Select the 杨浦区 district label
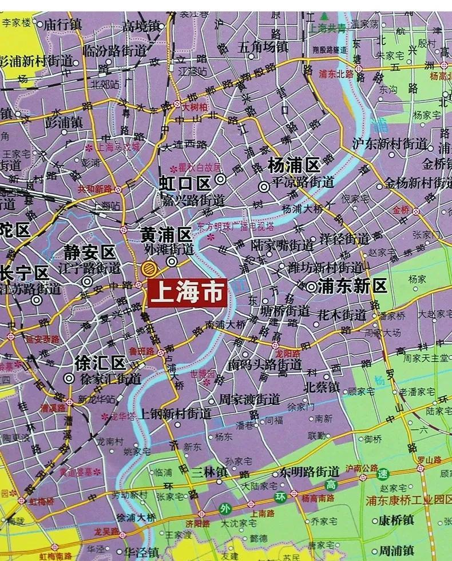[294, 166]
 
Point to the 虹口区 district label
[185, 183]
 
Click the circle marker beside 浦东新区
[311, 287]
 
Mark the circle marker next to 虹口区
[220, 181]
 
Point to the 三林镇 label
[209, 472]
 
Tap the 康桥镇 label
[396, 520]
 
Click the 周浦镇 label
[397, 550]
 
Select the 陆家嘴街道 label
[282, 246]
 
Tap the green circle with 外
[227, 508]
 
